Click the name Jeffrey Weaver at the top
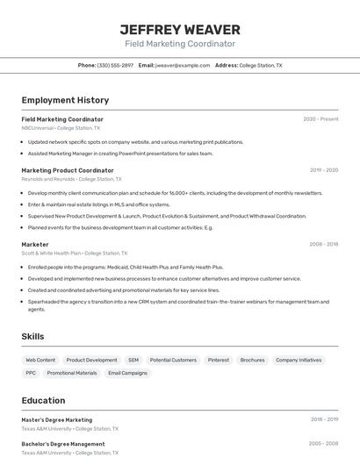(179, 29)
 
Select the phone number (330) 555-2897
(115, 65)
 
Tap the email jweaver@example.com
(183, 65)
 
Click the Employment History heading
(65, 100)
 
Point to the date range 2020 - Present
(320, 119)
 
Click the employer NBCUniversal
(38, 128)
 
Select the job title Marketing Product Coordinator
(68, 170)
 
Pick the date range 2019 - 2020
(324, 170)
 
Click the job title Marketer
(35, 244)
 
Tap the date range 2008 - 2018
(324, 244)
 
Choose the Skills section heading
(32, 336)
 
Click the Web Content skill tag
(40, 360)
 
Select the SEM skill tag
(133, 360)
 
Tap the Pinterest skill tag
(219, 360)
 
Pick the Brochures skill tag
(252, 360)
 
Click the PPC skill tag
(31, 373)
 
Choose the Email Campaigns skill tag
(128, 373)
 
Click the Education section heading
(43, 400)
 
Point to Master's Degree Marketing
(56, 419)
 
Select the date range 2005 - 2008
(324, 444)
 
